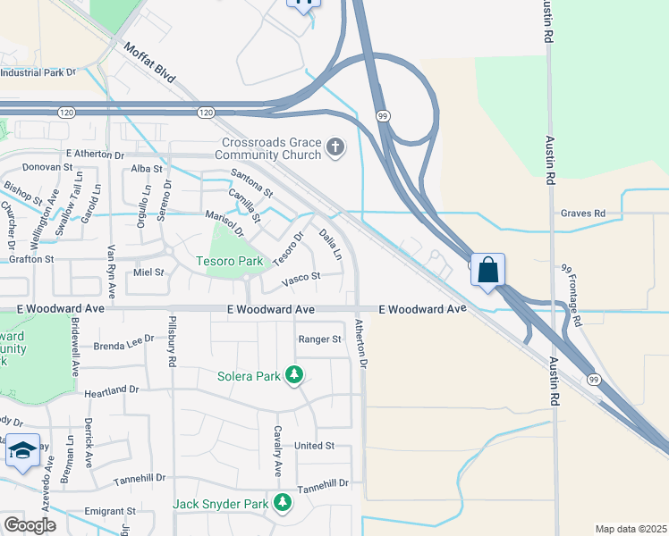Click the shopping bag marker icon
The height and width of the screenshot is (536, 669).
pos(488,270)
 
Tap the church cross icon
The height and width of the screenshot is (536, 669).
pos(335,147)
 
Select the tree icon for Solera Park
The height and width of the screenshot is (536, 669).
pos(294,375)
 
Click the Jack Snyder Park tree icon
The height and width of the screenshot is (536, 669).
pos(283,504)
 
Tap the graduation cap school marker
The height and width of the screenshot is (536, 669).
pos(22,450)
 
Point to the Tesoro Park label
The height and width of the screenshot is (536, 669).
pos(230,261)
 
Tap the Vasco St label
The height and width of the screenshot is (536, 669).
pos(301,278)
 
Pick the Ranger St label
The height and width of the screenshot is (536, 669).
pos(320,339)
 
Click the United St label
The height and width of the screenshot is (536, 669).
pos(314,445)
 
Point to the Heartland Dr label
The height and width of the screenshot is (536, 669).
pos(112,391)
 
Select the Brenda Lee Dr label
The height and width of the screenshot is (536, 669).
pos(124,343)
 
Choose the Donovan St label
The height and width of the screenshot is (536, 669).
pos(47,167)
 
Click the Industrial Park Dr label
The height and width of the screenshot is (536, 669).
pos(40,71)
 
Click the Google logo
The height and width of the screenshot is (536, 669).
pos(30,525)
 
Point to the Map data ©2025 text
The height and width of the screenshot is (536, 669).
pos(631,529)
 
